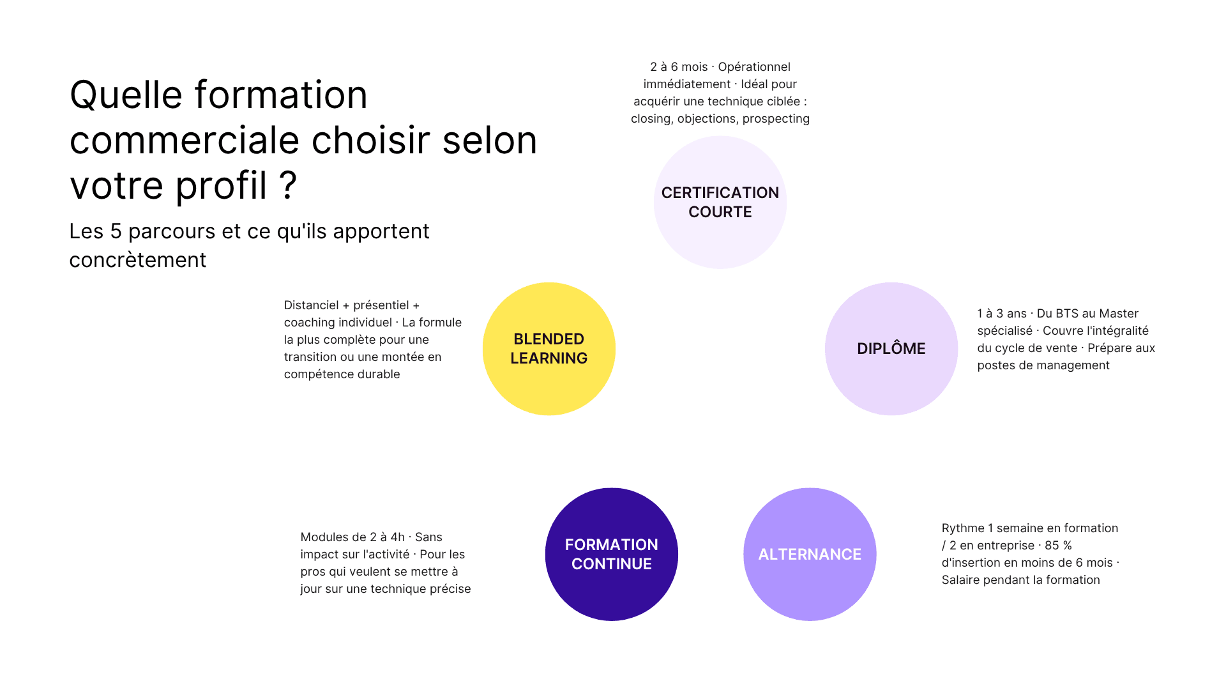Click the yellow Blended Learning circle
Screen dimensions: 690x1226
[549, 349]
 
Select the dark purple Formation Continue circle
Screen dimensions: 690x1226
[611, 554]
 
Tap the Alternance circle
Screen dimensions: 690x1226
[810, 554]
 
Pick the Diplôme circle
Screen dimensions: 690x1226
[891, 349]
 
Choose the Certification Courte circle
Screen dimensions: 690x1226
[720, 202]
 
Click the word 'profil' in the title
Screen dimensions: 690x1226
[221, 186]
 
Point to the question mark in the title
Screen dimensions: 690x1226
[288, 186]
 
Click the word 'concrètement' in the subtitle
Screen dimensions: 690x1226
[137, 260]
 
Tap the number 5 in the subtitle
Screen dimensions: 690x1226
[116, 231]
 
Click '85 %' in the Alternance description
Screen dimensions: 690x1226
[1058, 546]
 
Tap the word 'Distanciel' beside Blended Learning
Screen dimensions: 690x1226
[311, 305]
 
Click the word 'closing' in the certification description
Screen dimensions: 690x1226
[651, 119]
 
